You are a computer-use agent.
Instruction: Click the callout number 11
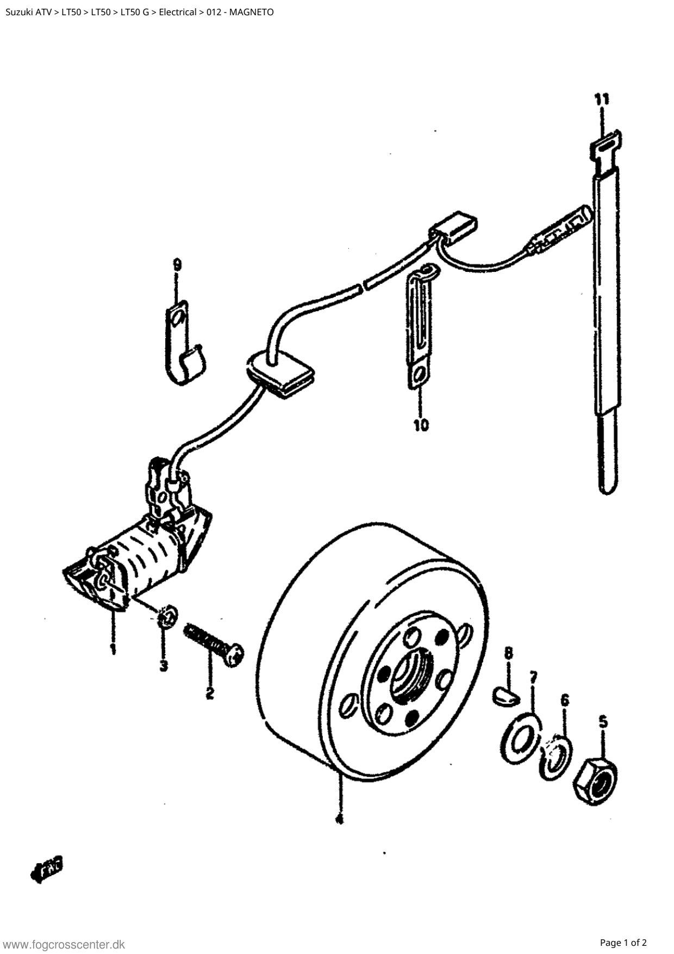click(x=601, y=99)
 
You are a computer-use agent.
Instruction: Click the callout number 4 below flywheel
click(x=339, y=819)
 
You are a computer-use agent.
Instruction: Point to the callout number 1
click(x=113, y=649)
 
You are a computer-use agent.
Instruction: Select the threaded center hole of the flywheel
click(x=412, y=675)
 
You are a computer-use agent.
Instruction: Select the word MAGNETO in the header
click(x=251, y=12)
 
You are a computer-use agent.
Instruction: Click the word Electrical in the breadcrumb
click(x=177, y=12)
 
